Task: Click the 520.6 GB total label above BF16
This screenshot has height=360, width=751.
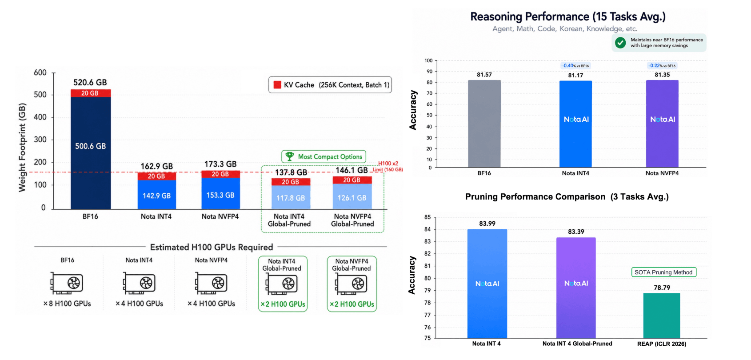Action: tap(90, 83)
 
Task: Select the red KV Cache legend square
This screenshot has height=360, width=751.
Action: tap(277, 85)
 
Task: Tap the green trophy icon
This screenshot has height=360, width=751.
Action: tap(289, 156)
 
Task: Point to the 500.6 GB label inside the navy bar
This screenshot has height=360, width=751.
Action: tap(90, 146)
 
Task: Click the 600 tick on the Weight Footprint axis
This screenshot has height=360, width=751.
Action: tap(40, 73)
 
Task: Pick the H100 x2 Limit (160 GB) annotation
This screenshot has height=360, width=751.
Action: tap(388, 166)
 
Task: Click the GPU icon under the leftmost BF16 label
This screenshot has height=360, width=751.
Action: tap(67, 283)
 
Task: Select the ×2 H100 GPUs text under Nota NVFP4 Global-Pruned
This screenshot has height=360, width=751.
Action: tap(352, 304)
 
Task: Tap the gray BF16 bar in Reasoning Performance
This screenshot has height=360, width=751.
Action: tap(484, 124)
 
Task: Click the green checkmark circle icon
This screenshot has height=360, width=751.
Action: tap(620, 43)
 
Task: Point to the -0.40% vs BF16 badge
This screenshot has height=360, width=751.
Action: tap(575, 66)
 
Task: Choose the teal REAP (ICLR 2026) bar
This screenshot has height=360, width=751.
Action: tap(662, 316)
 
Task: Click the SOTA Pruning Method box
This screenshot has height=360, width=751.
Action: tap(663, 272)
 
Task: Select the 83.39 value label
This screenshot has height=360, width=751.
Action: tap(575, 232)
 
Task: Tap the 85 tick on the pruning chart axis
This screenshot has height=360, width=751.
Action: tap(427, 217)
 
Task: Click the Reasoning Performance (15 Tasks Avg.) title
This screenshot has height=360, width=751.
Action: tap(567, 16)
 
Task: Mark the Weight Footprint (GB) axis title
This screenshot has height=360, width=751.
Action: tap(22, 148)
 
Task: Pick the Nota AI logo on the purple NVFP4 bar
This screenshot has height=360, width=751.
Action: tap(663, 119)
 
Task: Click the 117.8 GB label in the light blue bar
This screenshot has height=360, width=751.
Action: tap(290, 198)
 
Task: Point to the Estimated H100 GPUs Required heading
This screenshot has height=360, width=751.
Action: tap(211, 248)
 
